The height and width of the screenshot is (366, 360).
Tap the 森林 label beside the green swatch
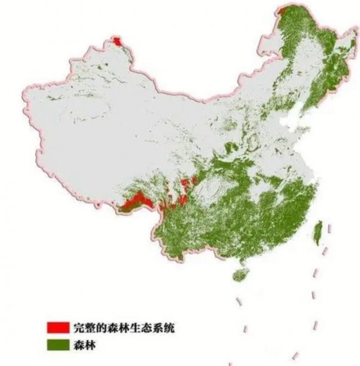coord(84,345)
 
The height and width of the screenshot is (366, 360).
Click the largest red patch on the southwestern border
coord(135,200)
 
